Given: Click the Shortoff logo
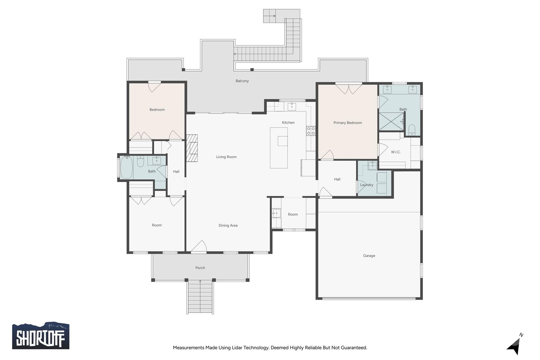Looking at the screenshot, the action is (41, 335).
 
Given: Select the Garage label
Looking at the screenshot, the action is (369, 256).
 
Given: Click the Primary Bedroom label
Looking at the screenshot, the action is (348, 123).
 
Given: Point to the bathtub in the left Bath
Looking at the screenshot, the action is (126, 167).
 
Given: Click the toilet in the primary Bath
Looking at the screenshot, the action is (412, 130).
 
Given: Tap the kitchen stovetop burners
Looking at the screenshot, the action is (311, 131).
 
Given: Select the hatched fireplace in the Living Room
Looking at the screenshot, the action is (192, 148).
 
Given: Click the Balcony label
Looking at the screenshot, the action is (242, 81).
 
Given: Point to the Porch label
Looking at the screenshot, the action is (200, 268).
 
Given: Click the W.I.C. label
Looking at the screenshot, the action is (396, 152).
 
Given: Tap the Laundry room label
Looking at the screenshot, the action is (367, 185).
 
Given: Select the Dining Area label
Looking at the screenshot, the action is (228, 225).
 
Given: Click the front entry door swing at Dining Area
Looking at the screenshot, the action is (199, 246).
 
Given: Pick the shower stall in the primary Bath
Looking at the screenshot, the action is (391, 121).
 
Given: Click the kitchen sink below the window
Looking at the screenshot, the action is (292, 107).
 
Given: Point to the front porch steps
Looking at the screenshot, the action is (200, 297).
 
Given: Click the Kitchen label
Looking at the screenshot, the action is (288, 123).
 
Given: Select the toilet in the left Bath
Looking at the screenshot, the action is (140, 161).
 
